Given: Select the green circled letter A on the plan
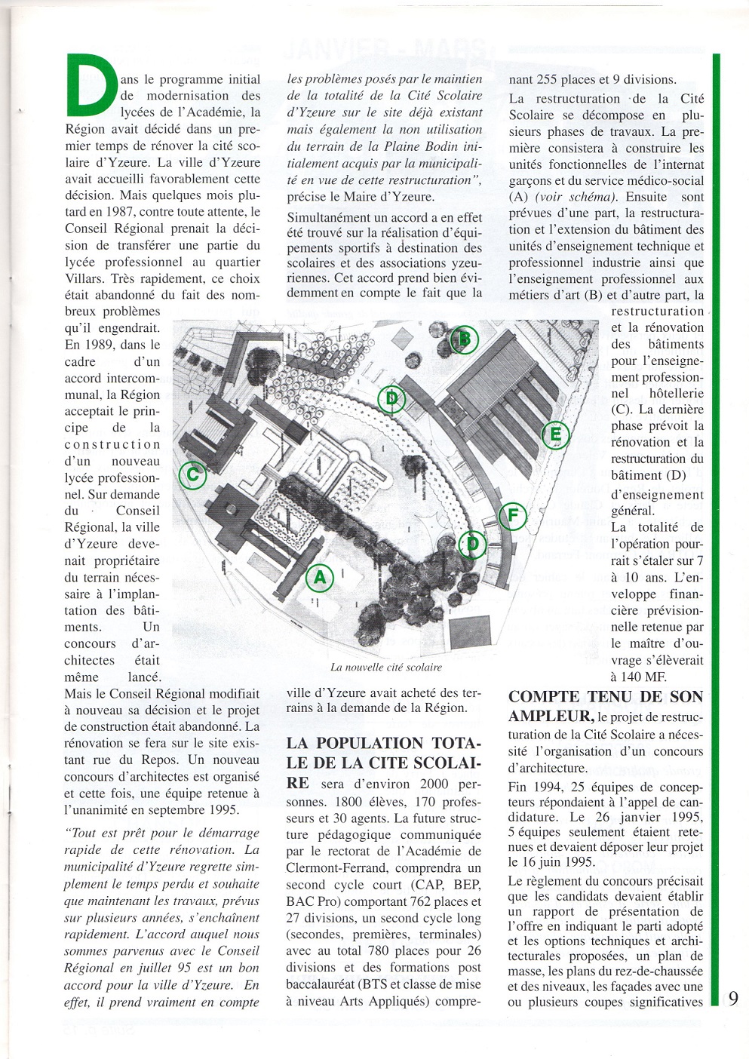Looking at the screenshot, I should pyautogui.click(x=319, y=578).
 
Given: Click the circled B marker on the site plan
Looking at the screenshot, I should pyautogui.click(x=465, y=339).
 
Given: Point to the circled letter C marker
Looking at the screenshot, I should pyautogui.click(x=193, y=474).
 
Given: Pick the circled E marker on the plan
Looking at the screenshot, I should pyautogui.click(x=554, y=434).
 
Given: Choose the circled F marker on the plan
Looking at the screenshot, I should pyautogui.click(x=512, y=516).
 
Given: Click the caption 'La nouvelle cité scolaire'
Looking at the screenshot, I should pyautogui.click(x=385, y=668).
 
